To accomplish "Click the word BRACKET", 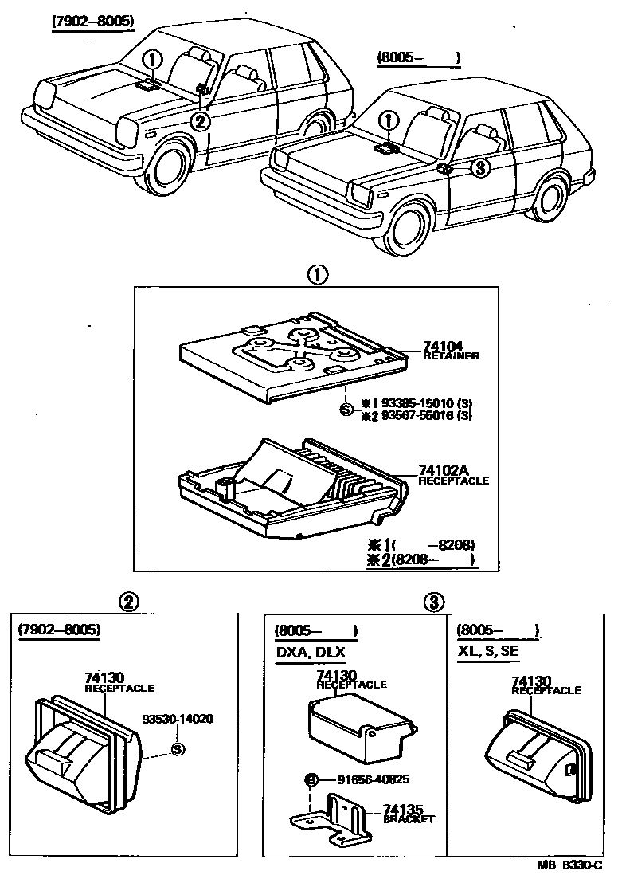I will coord(409,818).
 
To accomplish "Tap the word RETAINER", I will coord(451,355).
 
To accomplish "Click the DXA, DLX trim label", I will coord(310,652).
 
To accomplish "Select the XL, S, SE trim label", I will coord(488,652).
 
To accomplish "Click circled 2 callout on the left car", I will coord(199,120).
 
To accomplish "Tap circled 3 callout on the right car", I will coord(478,167).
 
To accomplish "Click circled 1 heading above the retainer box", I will coord(317,275).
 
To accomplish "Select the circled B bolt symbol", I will coord(309,778).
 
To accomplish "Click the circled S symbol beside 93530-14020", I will coord(178,748).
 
